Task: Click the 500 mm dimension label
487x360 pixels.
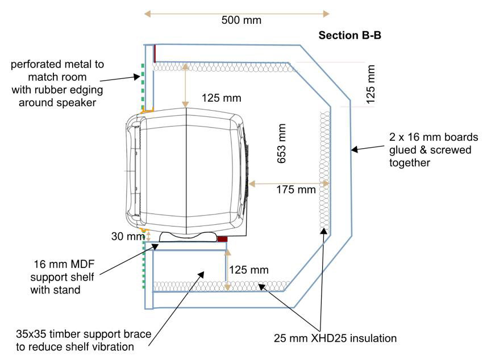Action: pyautogui.click(x=241, y=20)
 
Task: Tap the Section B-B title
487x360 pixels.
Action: pyautogui.click(x=349, y=36)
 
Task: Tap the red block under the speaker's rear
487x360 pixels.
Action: pyautogui.click(x=222, y=238)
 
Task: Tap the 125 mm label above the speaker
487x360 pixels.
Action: pyautogui.click(x=221, y=98)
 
